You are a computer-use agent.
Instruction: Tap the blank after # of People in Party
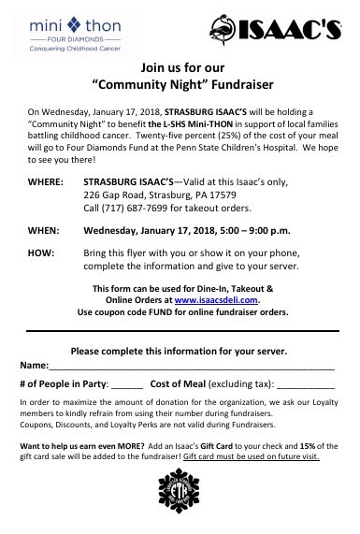pos(126,384)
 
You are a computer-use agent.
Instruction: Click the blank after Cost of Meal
pos(305,384)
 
